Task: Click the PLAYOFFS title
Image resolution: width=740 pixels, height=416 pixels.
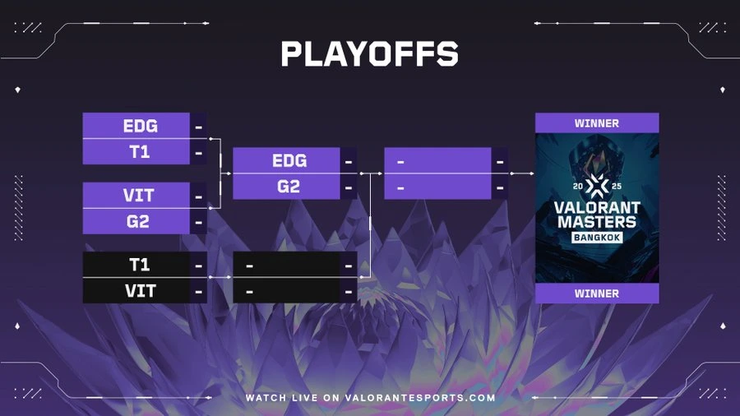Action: click(x=369, y=53)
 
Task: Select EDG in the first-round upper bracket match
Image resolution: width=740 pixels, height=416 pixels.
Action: click(x=140, y=126)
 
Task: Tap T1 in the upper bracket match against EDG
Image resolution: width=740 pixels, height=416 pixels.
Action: click(x=140, y=152)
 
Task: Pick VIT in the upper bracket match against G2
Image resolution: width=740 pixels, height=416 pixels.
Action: click(x=138, y=196)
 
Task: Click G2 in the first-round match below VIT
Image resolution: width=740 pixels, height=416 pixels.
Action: click(x=138, y=221)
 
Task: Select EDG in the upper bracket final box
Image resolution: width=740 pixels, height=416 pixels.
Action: click(x=289, y=161)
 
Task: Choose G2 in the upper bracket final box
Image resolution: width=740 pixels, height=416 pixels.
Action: click(x=289, y=187)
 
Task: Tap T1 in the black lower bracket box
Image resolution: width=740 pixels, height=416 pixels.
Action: click(x=140, y=265)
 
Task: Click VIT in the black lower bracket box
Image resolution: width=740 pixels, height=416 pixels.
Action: click(x=141, y=291)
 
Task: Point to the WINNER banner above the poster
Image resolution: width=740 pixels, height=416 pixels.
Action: click(x=597, y=123)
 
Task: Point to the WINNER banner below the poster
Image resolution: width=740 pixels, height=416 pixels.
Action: click(x=597, y=294)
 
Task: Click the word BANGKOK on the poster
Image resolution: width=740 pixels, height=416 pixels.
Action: click(x=597, y=238)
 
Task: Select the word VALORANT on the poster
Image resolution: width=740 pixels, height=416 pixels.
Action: click(x=597, y=207)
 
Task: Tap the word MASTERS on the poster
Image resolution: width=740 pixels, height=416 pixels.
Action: click(x=597, y=222)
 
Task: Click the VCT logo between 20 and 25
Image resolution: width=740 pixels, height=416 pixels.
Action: click(x=597, y=186)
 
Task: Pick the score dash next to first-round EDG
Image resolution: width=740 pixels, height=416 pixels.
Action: click(x=199, y=127)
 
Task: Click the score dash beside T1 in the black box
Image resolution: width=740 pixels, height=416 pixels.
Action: click(x=199, y=266)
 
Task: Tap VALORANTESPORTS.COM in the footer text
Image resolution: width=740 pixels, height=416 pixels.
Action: click(x=420, y=398)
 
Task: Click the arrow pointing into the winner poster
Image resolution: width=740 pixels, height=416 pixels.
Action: click(x=522, y=173)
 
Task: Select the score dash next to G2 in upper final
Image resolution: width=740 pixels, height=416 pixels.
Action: click(x=349, y=187)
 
